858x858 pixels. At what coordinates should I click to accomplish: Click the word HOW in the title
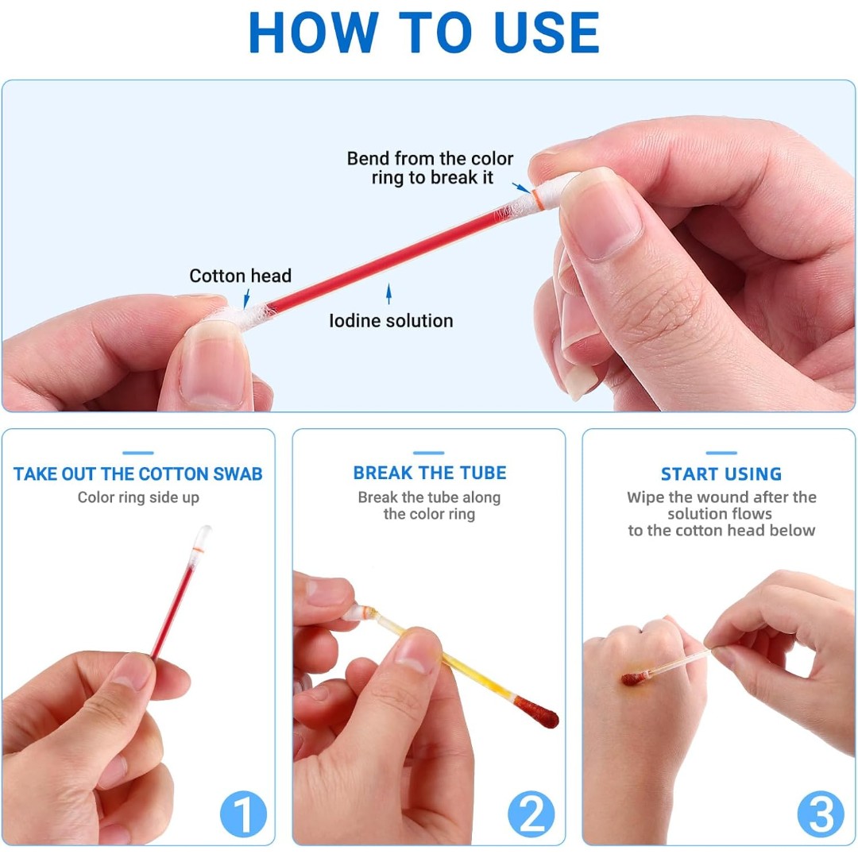click(314, 33)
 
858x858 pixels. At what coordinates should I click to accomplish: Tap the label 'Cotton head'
click(240, 276)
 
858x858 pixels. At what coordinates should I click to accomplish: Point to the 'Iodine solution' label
click(391, 321)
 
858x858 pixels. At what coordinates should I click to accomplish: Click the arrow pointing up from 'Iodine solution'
click(388, 294)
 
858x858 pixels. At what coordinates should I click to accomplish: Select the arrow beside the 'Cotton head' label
click(247, 299)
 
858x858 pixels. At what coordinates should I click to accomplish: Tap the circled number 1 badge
click(244, 814)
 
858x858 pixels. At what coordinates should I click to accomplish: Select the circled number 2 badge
click(531, 814)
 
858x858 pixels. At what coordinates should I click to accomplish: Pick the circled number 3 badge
click(820, 814)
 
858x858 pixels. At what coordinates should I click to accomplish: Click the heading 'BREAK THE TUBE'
click(430, 473)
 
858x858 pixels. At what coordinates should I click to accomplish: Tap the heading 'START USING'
click(721, 473)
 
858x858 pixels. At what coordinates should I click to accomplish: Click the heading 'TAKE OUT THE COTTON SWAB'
click(138, 473)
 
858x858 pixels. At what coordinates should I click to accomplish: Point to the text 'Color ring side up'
click(138, 497)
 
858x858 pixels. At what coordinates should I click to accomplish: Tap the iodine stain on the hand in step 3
click(633, 678)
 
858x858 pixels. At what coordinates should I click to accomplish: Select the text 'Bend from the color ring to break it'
click(430, 168)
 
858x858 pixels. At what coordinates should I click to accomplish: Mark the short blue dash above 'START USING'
click(721, 453)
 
